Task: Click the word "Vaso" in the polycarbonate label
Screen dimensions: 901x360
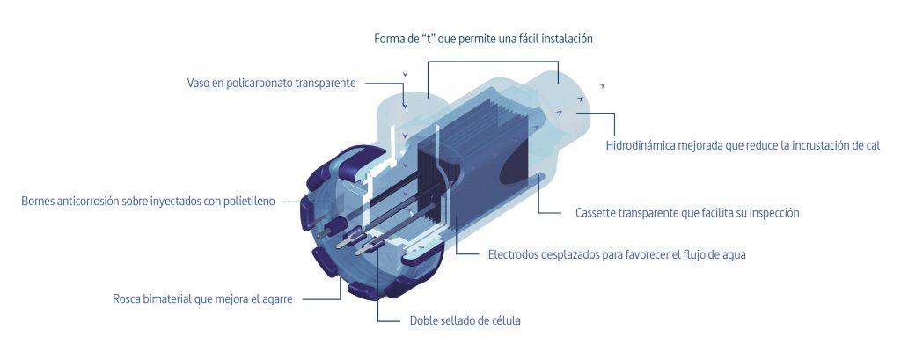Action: pyautogui.click(x=198, y=83)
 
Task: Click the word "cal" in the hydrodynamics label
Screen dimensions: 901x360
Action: pyautogui.click(x=873, y=145)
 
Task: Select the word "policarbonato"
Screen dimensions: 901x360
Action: pyautogui.click(x=260, y=84)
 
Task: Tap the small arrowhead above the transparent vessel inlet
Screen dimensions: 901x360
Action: pyautogui.click(x=405, y=74)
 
